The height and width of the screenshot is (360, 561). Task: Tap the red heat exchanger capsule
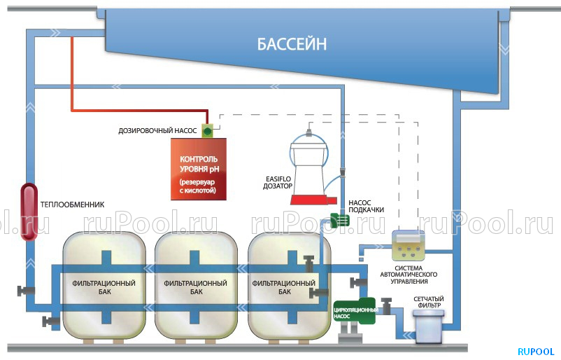tap(28, 212)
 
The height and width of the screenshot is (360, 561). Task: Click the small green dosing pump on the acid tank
tap(208, 130)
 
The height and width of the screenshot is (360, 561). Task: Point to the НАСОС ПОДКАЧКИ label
tap(364, 207)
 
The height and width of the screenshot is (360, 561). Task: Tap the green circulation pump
tap(360, 312)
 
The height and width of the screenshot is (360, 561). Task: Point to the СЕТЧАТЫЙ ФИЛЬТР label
tap(428, 303)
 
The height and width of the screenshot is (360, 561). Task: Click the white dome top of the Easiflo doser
tap(311, 148)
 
